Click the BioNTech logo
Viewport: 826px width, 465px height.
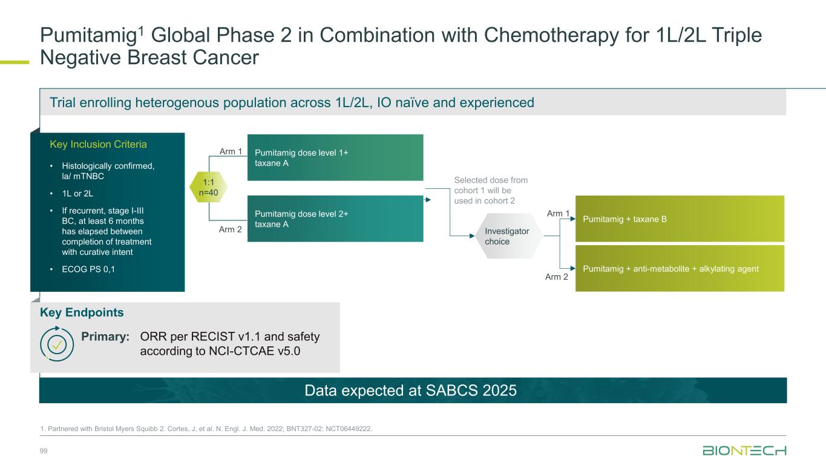click(744, 451)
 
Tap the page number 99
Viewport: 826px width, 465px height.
click(44, 452)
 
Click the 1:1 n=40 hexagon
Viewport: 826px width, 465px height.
click(209, 187)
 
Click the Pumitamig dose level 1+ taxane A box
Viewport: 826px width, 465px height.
click(335, 157)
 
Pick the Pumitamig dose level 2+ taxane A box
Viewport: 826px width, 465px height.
click(335, 219)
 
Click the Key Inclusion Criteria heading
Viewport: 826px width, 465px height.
click(98, 145)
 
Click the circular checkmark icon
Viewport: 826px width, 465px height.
click(57, 344)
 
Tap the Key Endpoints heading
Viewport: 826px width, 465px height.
click(82, 313)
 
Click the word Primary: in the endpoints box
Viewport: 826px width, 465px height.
click(106, 337)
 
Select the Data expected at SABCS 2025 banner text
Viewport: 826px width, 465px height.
click(411, 391)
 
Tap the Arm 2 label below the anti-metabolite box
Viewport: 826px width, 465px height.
click(557, 277)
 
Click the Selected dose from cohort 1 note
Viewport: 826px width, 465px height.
click(491, 190)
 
